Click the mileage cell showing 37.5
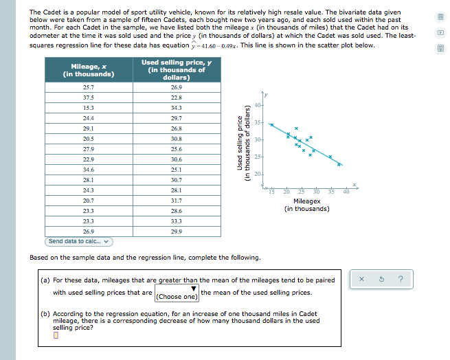(x=89, y=98)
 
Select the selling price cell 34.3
(x=177, y=108)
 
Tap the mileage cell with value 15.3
(x=89, y=108)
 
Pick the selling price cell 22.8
(x=177, y=98)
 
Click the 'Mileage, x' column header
(x=89, y=70)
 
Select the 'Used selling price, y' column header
(x=177, y=69)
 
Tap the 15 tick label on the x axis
(x=271, y=190)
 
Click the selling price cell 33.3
(x=177, y=221)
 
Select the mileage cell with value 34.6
(x=89, y=169)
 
